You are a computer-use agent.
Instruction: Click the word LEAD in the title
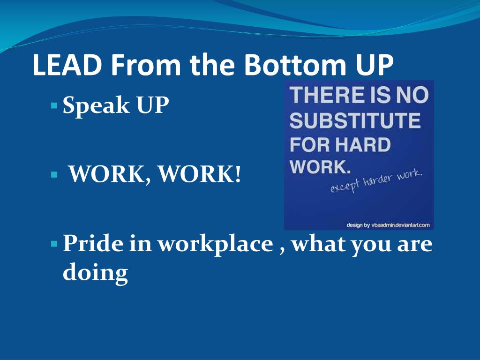point(67,66)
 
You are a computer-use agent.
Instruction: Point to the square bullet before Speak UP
point(54,103)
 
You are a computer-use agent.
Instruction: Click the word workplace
point(215,245)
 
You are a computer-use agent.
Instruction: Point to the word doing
point(95,273)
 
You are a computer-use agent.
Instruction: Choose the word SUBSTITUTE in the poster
point(355,121)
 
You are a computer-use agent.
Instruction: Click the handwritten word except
point(345,187)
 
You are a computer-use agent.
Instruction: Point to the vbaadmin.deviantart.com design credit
point(388,225)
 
